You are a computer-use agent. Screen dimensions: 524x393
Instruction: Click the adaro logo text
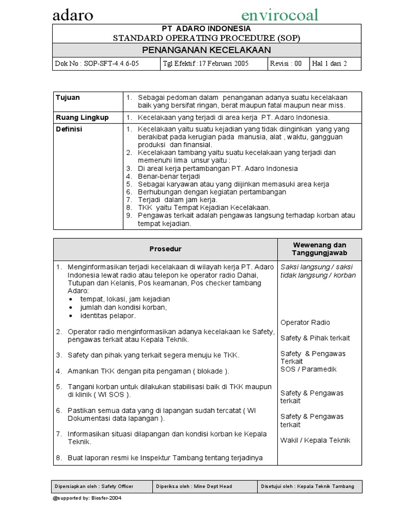point(73,15)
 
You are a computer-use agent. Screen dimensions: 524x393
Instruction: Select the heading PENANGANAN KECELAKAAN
point(207,50)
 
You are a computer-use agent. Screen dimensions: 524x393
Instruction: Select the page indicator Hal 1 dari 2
point(329,64)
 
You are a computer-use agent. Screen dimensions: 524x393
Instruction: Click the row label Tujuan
point(68,98)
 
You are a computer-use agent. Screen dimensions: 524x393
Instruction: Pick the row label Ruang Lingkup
point(82,118)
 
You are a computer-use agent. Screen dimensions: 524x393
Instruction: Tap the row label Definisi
point(69,129)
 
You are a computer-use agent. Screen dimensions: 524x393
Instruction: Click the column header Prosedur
point(165,249)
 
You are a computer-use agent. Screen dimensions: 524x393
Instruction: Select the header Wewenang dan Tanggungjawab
point(319,249)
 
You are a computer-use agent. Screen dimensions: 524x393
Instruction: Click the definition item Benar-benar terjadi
point(162,176)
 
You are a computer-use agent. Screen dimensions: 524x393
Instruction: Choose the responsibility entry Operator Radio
point(305,322)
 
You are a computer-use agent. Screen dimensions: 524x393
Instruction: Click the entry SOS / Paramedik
point(308,369)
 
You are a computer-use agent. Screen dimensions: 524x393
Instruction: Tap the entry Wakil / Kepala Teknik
point(315,440)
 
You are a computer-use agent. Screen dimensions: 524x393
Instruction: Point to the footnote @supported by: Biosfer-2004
point(87,498)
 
